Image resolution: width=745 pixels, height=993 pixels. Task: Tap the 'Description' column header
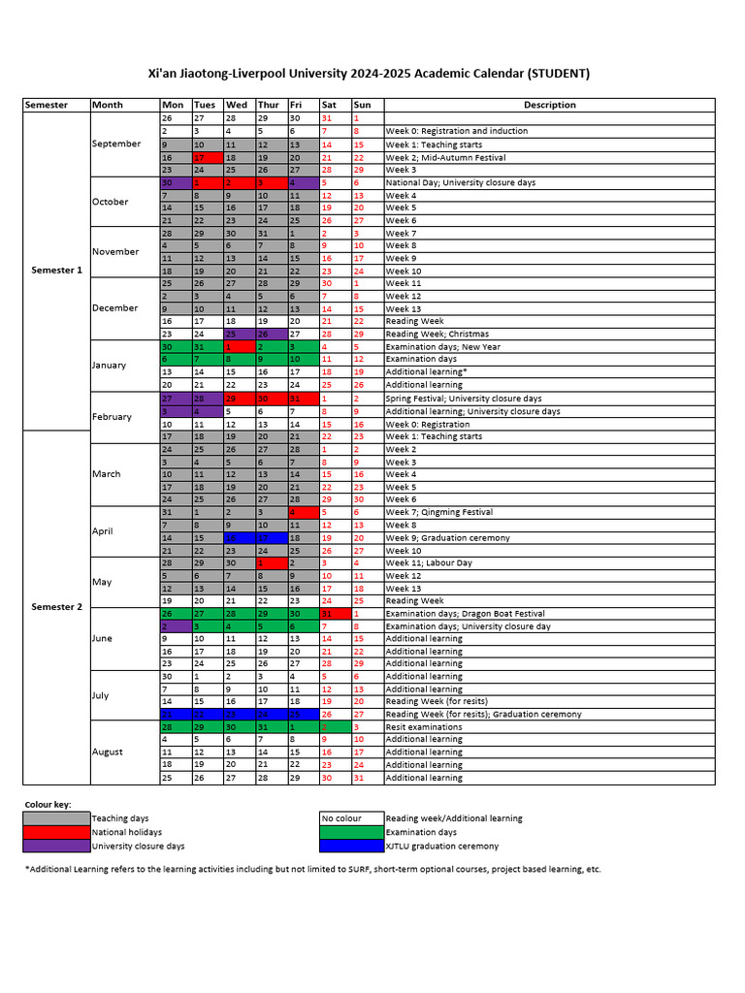[x=549, y=105]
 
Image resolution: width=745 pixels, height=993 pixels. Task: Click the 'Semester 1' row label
[x=56, y=271]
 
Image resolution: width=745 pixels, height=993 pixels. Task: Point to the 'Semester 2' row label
[x=56, y=607]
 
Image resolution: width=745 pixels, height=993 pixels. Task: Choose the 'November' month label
[x=115, y=251]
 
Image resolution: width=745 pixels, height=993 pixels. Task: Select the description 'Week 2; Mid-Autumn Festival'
[x=445, y=157]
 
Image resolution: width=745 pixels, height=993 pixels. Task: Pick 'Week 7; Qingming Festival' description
[x=440, y=512]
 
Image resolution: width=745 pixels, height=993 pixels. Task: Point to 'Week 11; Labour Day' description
[x=429, y=563]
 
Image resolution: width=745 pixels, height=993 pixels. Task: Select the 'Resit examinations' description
[x=424, y=726]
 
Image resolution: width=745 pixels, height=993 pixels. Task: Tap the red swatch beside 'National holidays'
[x=56, y=832]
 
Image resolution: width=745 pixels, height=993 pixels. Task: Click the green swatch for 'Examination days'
[x=351, y=832]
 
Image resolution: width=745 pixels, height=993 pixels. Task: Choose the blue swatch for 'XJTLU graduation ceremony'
[x=351, y=846]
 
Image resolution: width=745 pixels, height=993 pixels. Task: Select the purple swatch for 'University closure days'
[x=56, y=846]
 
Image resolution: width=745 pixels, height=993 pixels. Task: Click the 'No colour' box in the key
[x=351, y=818]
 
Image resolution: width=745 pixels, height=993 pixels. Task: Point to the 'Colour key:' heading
[x=48, y=805]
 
